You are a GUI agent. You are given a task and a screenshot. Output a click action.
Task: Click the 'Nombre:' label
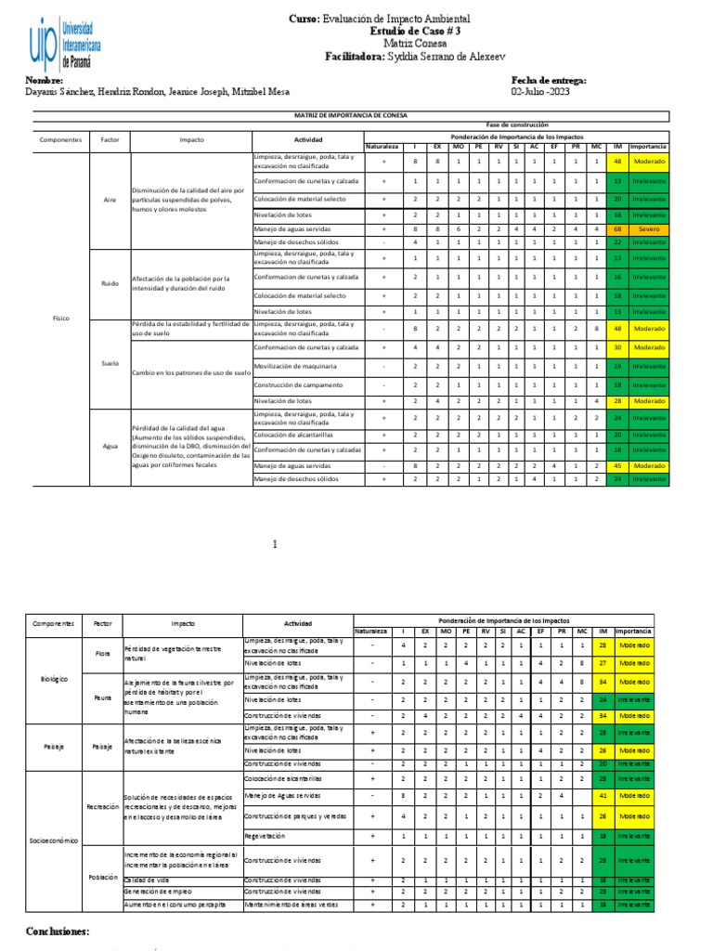point(45,81)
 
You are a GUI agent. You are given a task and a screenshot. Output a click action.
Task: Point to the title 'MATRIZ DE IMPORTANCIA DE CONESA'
point(351,115)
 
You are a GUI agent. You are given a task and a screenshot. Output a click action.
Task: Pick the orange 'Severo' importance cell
point(648,228)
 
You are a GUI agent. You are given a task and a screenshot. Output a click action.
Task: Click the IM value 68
point(617,228)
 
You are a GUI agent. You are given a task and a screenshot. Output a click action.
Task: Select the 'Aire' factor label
point(110,200)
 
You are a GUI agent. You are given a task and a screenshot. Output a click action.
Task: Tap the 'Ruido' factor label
point(110,282)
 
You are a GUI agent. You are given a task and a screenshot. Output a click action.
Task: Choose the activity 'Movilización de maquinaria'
point(295,366)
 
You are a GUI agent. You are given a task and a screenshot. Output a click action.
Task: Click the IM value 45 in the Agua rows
point(617,465)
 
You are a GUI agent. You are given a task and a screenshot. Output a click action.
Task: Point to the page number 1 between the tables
point(275,545)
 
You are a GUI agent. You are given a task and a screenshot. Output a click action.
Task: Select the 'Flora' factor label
point(102,653)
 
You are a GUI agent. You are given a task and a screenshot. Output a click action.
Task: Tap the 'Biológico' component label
point(54,679)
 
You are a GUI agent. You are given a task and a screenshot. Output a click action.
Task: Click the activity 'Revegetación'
point(265,836)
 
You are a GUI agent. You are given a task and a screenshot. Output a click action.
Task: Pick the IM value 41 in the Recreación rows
point(603,796)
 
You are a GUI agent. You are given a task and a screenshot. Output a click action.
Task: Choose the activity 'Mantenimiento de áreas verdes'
point(292,904)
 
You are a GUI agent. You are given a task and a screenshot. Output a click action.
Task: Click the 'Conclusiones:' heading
point(58,931)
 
